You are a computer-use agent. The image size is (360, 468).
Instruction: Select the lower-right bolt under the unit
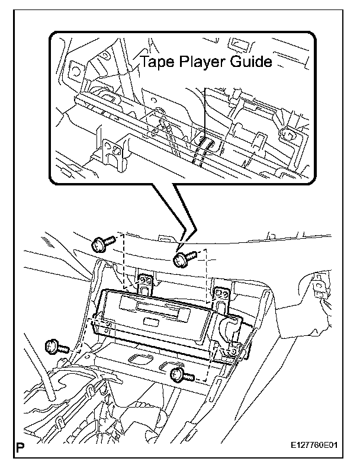[179, 373]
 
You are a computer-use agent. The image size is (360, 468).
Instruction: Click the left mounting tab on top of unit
[145, 283]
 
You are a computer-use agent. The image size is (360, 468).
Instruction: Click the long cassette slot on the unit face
[155, 307]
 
